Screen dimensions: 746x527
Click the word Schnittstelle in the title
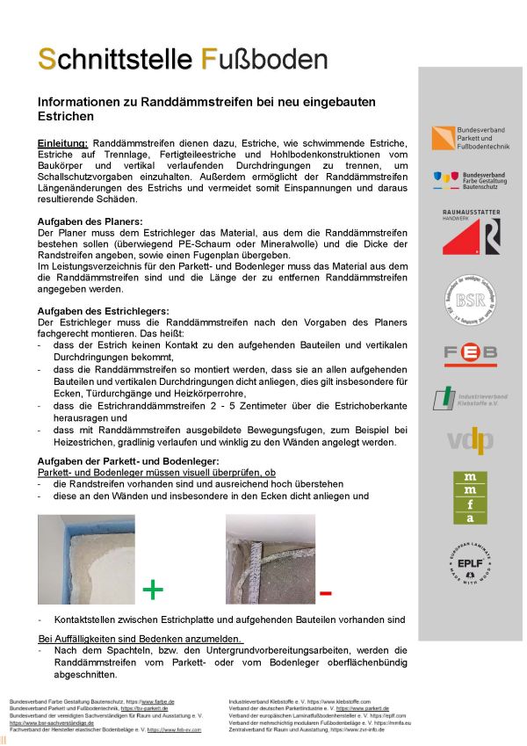click(115, 59)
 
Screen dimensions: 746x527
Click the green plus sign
click(153, 589)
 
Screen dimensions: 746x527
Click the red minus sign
click(325, 594)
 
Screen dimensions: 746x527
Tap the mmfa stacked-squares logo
click(471, 496)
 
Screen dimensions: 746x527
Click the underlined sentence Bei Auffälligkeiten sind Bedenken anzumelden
click(141, 638)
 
